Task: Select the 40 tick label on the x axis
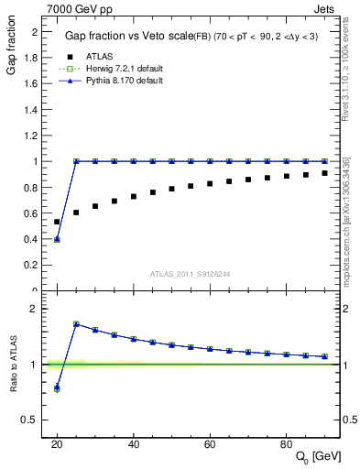click(133, 443)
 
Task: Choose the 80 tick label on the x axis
click(287, 443)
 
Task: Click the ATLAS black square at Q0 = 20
click(57, 222)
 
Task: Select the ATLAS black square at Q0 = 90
click(325, 173)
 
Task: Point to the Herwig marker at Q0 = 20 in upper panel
click(57, 240)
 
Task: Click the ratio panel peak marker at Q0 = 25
click(76, 324)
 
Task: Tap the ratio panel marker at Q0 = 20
click(57, 387)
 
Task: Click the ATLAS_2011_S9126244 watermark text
click(190, 273)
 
